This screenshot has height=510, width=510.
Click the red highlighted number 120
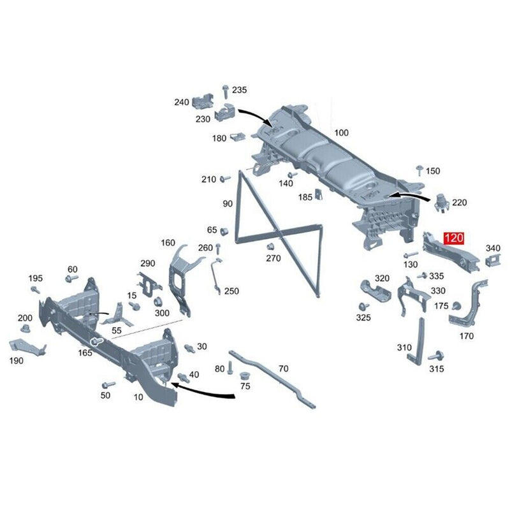point(454,238)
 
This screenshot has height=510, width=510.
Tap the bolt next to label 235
point(225,92)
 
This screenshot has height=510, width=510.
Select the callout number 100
point(341,133)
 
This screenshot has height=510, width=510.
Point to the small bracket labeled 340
point(493,260)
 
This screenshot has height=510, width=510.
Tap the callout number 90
point(228,203)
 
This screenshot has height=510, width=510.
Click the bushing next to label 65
point(224,232)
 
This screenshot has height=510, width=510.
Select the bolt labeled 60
point(71,279)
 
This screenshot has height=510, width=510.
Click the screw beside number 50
point(108,385)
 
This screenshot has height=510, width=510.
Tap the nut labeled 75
point(244,376)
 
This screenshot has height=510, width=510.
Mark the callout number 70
point(283,368)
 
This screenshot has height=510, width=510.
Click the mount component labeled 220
point(442,203)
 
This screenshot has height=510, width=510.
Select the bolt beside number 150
point(420,170)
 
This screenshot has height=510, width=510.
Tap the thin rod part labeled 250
point(216,276)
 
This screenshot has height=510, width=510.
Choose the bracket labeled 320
point(375,291)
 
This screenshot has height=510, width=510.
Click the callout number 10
point(138,397)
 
